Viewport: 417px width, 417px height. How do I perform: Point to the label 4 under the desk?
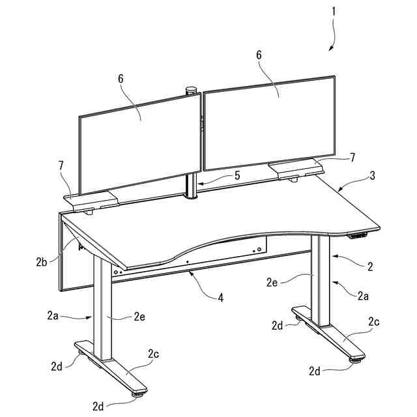pyautogui.click(x=220, y=298)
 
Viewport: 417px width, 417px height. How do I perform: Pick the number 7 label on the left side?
pyautogui.click(x=61, y=166)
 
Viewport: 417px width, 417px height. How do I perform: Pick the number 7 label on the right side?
pyautogui.click(x=352, y=158)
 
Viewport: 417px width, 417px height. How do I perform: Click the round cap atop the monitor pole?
pyautogui.click(x=192, y=90)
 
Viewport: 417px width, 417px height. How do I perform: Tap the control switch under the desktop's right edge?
pyautogui.click(x=358, y=235)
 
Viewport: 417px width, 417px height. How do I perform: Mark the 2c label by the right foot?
pyautogui.click(x=374, y=321)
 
